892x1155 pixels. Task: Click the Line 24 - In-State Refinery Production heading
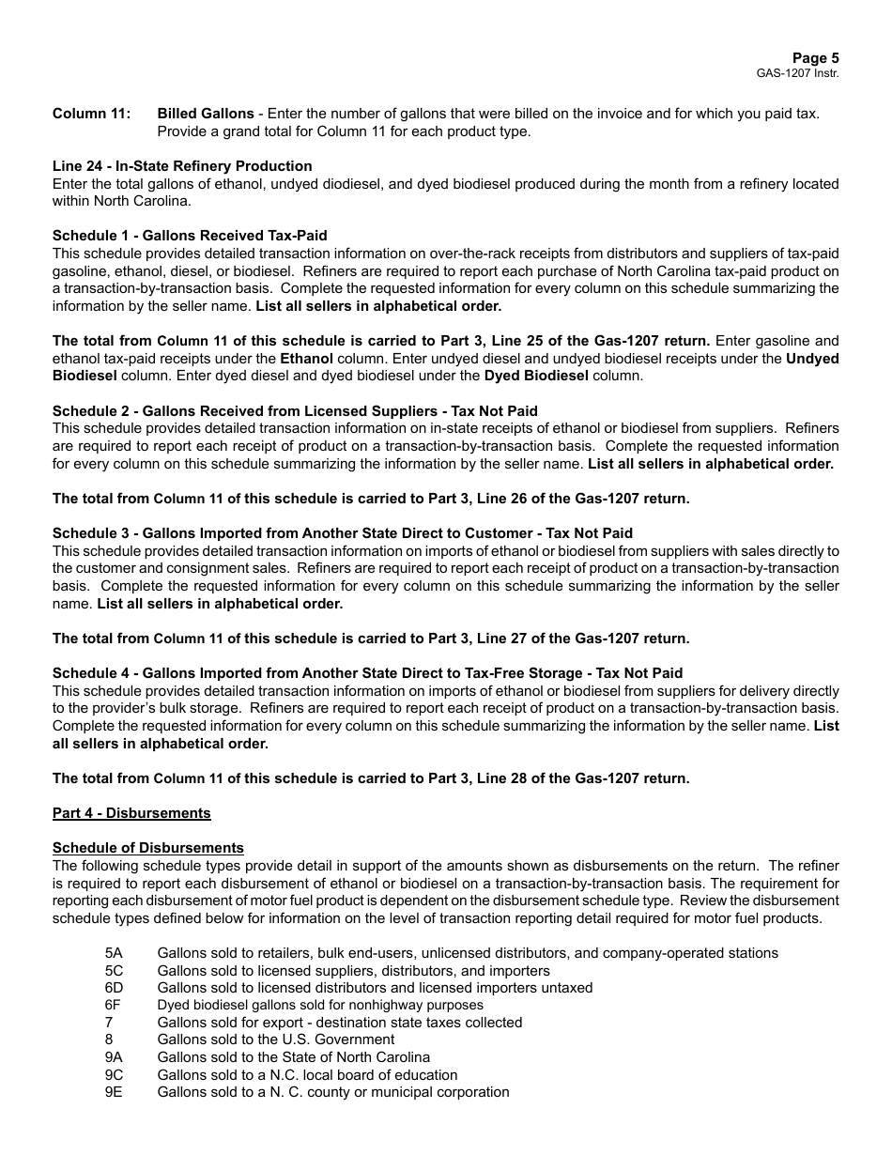pos(182,166)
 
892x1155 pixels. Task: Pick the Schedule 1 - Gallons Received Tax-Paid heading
pos(190,236)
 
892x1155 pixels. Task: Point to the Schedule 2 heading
pos(295,411)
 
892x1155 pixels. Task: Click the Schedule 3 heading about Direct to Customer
pos(343,533)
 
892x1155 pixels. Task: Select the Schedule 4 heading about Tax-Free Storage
pos(367,673)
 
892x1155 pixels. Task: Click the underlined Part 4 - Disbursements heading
pos(131,813)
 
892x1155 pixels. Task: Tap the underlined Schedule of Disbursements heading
pos(147,848)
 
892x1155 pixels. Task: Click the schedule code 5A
pos(114,953)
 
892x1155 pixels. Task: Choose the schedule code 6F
pos(113,1005)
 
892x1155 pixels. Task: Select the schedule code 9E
pos(114,1092)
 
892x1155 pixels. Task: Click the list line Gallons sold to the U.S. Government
pos(276,1039)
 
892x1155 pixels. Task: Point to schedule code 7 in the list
pos(109,1023)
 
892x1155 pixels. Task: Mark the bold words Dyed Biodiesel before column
pos(536,376)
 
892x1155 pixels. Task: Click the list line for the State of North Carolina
pos(294,1057)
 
